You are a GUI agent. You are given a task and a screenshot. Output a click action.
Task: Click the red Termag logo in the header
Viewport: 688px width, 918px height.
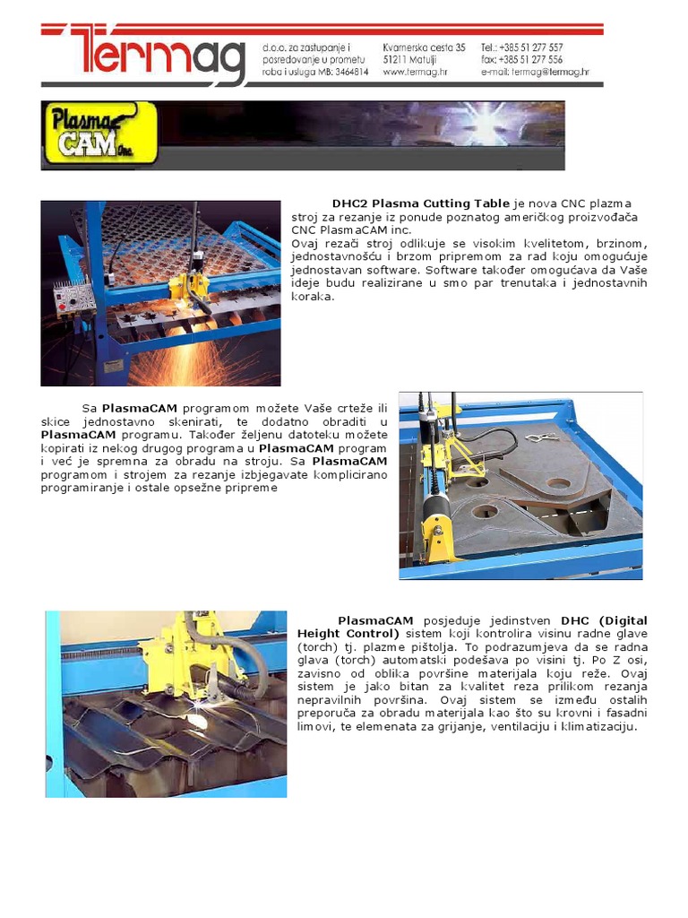pyautogui.click(x=143, y=56)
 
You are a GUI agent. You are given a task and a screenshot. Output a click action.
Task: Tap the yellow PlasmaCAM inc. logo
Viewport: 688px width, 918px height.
pyautogui.click(x=99, y=133)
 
